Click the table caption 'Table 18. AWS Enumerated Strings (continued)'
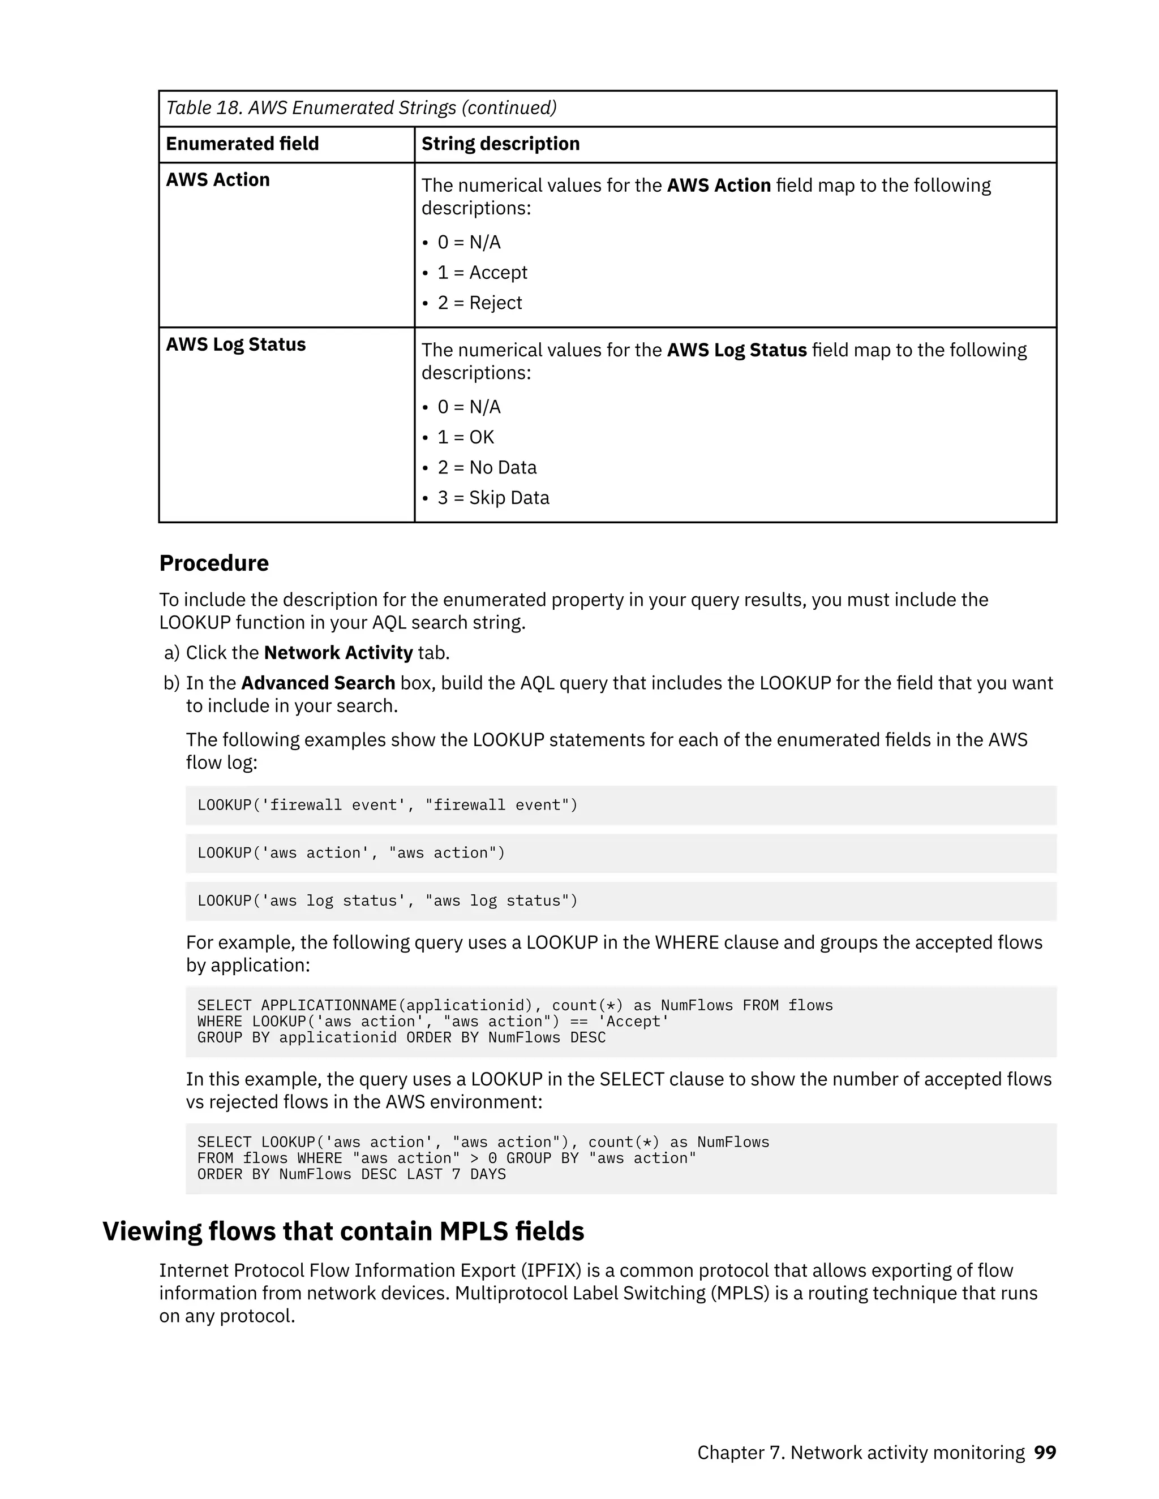click(x=361, y=107)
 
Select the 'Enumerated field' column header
click(x=242, y=144)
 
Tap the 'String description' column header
click(x=500, y=144)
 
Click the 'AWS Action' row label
click(x=218, y=180)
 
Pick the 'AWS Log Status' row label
click(x=235, y=344)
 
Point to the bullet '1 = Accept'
click(x=482, y=273)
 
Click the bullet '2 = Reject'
click(x=479, y=303)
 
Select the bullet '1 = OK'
click(x=466, y=437)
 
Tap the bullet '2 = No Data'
click(x=487, y=467)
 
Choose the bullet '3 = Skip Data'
click(x=493, y=498)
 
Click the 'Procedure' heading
click(x=213, y=563)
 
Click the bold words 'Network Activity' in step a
click(x=338, y=653)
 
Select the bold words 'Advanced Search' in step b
click(x=318, y=683)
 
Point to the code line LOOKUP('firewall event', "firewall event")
click(x=387, y=805)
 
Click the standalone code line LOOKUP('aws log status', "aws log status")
click(x=387, y=901)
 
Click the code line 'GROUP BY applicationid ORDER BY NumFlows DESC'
click(x=401, y=1038)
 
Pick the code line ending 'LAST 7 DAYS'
click(x=351, y=1174)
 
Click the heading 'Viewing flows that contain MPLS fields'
click(x=344, y=1231)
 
